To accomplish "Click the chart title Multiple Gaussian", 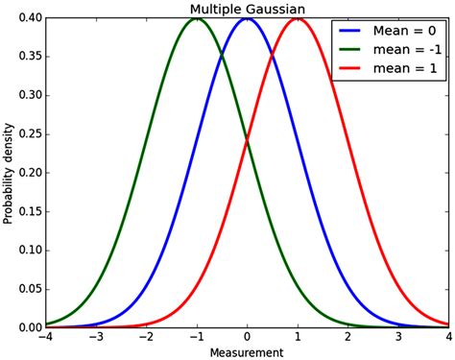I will coord(247,9).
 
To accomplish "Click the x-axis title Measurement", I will coord(247,351).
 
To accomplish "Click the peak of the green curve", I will coord(197,19).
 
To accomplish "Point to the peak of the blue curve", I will coord(248,19).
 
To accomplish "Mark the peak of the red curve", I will coord(298,19).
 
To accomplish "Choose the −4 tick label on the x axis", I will coord(44,336).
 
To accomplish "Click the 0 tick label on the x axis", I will coord(248,336).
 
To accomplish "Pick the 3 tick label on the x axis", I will coord(399,336).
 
